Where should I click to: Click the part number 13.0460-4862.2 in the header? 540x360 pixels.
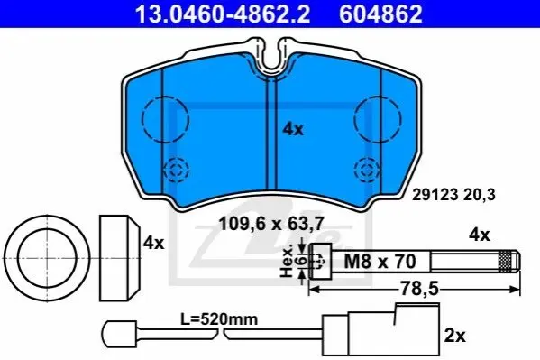pos(223,14)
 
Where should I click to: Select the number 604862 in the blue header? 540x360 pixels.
pos(380,14)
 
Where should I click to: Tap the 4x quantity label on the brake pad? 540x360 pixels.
pos(293,129)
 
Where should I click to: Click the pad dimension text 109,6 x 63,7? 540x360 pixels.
pos(271,224)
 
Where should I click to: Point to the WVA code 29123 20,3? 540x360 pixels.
pos(453,195)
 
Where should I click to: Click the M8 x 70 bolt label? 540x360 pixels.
pos(380,261)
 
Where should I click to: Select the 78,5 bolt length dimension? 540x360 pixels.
pos(419,289)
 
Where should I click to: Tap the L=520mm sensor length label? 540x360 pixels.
pos(219,319)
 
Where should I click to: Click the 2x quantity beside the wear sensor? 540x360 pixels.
pos(454,335)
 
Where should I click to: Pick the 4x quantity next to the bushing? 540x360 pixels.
pos(154,243)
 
